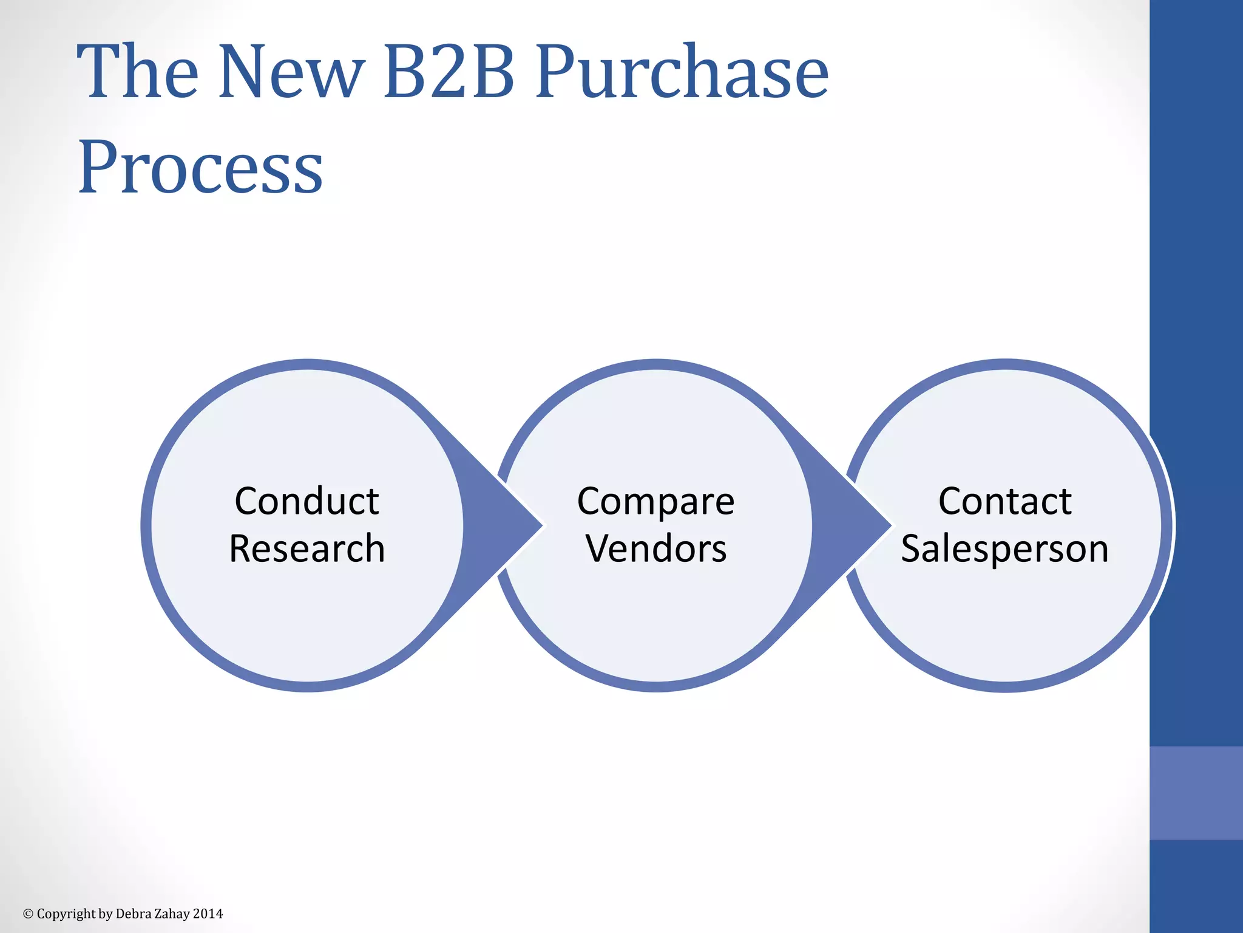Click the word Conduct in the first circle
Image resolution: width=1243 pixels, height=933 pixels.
[x=307, y=502]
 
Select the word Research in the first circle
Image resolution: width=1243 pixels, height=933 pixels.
[x=307, y=549]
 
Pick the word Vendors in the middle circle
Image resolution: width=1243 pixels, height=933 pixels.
[x=655, y=549]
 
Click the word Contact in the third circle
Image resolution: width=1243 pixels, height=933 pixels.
[x=1004, y=502]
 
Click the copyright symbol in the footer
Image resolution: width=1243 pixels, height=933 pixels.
[x=28, y=914]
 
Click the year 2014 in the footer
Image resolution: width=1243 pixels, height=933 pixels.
[x=208, y=914]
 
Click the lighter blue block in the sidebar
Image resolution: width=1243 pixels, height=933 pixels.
[x=1196, y=793]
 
